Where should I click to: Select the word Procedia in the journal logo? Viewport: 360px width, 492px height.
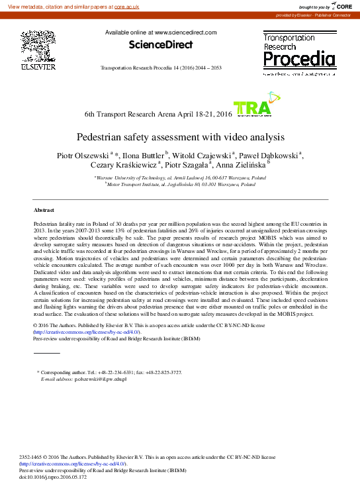click(x=299, y=60)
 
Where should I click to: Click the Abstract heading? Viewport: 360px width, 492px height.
click(x=44, y=209)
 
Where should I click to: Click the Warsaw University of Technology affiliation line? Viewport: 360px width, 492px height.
click(x=181, y=178)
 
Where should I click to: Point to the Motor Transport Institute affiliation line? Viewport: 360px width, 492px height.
click(x=181, y=185)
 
